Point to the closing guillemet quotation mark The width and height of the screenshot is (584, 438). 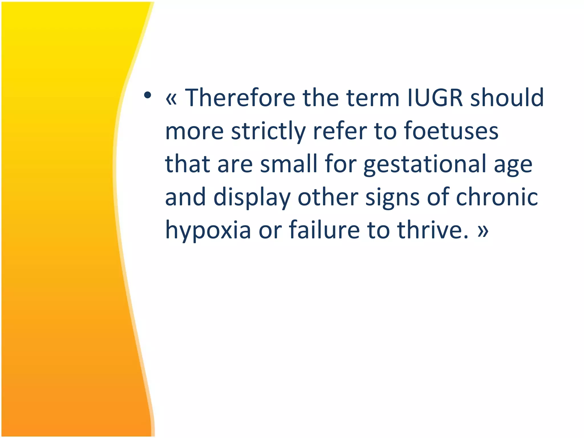click(483, 231)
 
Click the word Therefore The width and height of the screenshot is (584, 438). click(240, 98)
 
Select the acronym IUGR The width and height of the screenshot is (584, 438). click(435, 98)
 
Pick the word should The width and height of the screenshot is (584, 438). click(507, 98)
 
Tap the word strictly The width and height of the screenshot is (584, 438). click(268, 131)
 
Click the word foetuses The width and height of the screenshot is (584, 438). click(451, 131)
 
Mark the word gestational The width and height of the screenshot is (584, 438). click(425, 165)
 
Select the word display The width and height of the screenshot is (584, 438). click(252, 198)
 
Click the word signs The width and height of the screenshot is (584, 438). click(392, 198)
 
